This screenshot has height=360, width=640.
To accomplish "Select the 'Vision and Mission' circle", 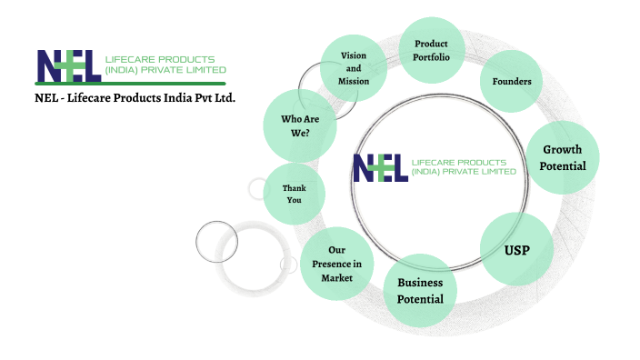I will coord(354,69).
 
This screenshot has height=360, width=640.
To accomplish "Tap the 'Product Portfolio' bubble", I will coord(432,51).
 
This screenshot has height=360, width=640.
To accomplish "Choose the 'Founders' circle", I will coord(512,82).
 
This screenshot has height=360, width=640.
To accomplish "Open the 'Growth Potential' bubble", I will coord(562,157).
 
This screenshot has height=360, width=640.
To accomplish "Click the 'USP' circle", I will coord(516,249).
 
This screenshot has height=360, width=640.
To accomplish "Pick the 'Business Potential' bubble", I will coord(420,291).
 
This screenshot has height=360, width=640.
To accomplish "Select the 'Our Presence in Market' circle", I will coord(336,265).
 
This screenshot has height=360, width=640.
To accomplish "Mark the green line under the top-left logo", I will coord(131,83).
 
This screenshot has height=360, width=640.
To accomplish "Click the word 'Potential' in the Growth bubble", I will coord(562,166).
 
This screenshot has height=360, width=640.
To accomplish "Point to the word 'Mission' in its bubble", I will coord(354,81).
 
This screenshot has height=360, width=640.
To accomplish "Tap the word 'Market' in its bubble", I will coord(336,277).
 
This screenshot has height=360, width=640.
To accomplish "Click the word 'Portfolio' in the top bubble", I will coord(432,57).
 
